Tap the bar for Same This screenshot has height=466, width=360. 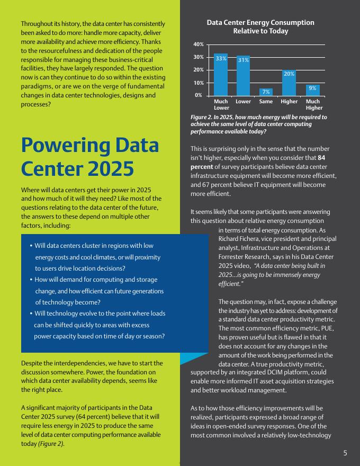[x=266, y=92]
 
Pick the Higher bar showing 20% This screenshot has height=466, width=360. [x=289, y=83]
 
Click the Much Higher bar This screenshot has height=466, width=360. [x=312, y=90]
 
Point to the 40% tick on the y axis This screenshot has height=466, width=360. [x=199, y=44]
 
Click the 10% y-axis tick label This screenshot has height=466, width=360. [x=199, y=83]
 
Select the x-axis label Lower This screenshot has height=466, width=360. [x=244, y=101]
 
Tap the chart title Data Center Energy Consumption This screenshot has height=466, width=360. [x=260, y=23]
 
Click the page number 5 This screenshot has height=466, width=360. [x=345, y=453]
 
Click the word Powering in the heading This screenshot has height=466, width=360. [x=65, y=146]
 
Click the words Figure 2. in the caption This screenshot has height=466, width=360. [x=203, y=117]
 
